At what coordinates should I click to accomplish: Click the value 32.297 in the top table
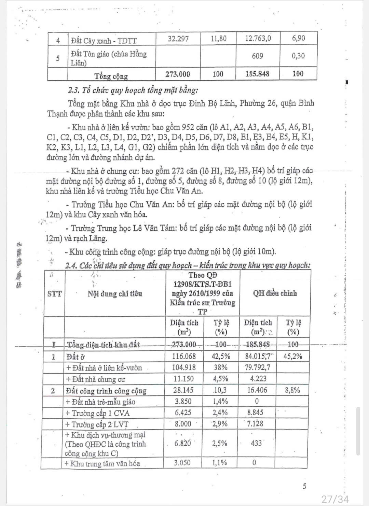tap(178, 38)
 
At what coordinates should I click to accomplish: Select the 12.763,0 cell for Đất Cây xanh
tap(258, 38)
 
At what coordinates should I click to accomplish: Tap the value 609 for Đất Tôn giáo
tap(257, 56)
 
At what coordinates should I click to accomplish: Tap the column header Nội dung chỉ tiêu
tap(115, 293)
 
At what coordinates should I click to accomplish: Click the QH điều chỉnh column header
tap(275, 293)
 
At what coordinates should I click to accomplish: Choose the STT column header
tap(54, 293)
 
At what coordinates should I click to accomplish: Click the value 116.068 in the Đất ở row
tap(184, 357)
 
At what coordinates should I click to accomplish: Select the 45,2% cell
tap(293, 357)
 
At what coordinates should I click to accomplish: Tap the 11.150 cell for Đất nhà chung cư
tap(184, 379)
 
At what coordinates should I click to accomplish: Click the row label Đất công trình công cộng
tap(106, 391)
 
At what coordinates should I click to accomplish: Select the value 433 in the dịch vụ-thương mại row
tap(256, 443)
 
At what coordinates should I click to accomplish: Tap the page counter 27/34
tap(335, 499)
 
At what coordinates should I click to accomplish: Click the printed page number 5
tap(304, 486)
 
